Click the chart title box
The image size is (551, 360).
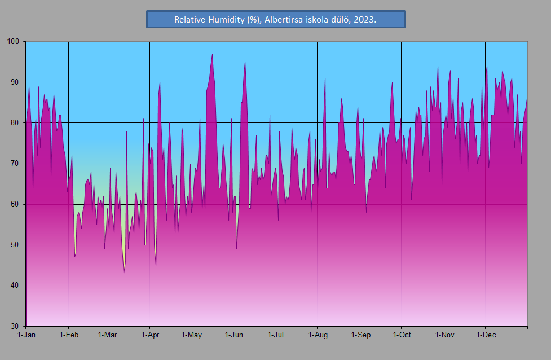tap(276, 19)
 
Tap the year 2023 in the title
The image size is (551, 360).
tap(364, 20)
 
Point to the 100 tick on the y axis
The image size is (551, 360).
tap(13, 42)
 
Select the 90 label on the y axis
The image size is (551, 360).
tap(15, 82)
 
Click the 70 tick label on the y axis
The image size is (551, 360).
tap(15, 164)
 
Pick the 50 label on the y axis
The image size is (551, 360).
tap(15, 245)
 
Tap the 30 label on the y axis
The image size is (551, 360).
tap(15, 326)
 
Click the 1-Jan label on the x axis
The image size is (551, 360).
tap(27, 335)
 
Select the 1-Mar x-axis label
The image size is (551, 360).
tap(107, 335)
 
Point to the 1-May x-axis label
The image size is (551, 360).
tap(192, 335)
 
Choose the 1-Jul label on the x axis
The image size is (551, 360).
tap(275, 335)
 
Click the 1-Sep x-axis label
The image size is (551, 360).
tap(361, 335)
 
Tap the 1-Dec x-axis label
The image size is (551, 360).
tap(486, 335)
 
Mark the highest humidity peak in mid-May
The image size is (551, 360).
tap(212, 54)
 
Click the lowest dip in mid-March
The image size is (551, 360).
tap(124, 273)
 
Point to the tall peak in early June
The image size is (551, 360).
tap(245, 62)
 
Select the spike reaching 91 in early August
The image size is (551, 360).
tap(325, 78)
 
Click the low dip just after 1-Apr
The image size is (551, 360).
tap(156, 265)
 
